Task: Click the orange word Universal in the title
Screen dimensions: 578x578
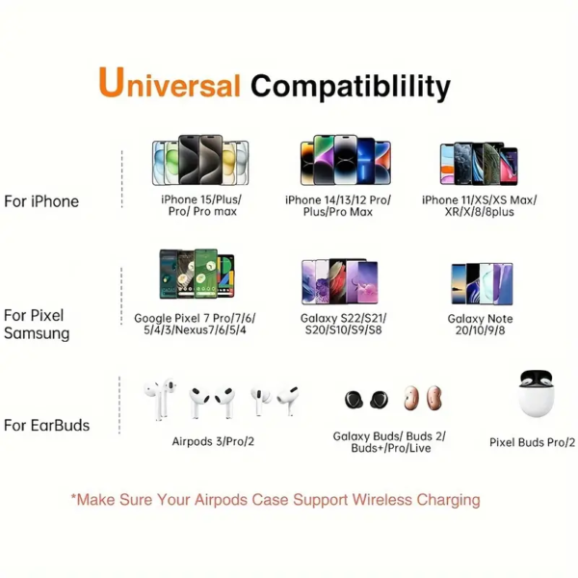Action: point(170,84)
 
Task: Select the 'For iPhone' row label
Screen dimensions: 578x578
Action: point(41,201)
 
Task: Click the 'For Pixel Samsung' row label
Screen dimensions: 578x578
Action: point(38,325)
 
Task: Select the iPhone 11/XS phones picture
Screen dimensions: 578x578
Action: point(479,164)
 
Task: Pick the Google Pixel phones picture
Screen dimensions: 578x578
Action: point(197,276)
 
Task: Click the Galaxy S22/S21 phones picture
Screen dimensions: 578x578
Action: point(340,281)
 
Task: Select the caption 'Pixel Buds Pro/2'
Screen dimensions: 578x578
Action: point(532,442)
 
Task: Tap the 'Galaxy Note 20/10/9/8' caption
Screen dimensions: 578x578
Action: point(480,325)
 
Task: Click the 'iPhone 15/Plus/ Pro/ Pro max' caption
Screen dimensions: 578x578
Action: point(201,205)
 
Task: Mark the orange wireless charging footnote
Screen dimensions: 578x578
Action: point(275,500)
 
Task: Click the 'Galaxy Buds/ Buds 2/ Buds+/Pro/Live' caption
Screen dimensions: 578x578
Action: point(381,442)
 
